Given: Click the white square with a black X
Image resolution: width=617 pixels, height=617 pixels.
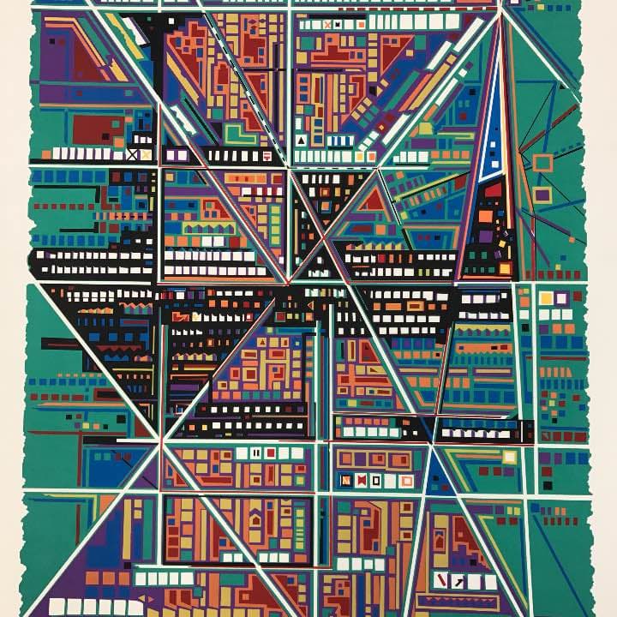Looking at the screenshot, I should point(132,155).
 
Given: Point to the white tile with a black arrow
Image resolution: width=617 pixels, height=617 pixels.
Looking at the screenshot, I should point(459,582).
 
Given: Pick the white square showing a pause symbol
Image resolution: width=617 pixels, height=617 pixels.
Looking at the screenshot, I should point(255,452).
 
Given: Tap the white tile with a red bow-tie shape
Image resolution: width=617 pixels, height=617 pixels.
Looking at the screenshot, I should point(362,479).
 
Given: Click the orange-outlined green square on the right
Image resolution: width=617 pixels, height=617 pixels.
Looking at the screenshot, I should point(542,162).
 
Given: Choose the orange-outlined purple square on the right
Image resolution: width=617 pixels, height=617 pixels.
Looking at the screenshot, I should point(542,195).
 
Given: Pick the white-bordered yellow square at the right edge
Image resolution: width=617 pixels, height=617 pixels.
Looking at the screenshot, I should point(546,298).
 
